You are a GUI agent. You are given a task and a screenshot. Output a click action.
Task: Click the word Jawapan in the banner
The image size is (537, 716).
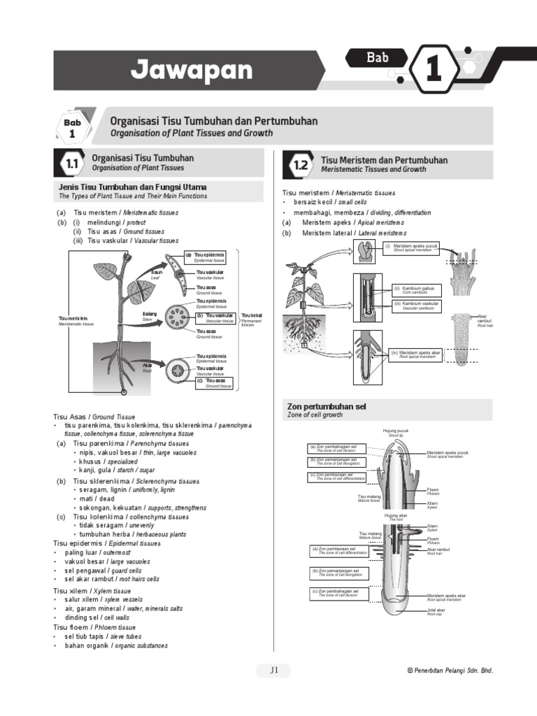191,70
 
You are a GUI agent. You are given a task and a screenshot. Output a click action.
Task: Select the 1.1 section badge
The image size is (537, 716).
71,165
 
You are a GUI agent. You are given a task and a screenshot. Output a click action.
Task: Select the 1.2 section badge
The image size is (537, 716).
301,166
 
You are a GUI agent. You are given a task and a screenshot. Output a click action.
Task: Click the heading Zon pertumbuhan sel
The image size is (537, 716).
327,406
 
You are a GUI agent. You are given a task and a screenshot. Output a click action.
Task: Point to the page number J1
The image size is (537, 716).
275,670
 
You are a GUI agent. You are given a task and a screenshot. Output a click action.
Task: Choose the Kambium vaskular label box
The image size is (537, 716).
417,305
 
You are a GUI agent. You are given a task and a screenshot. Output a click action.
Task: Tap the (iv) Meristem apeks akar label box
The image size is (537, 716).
415,354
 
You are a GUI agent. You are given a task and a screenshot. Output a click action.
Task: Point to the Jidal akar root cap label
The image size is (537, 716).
436,612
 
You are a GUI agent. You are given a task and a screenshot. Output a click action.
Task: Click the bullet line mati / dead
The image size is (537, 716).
96,499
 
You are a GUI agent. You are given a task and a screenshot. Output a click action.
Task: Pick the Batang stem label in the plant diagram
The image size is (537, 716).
150,316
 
